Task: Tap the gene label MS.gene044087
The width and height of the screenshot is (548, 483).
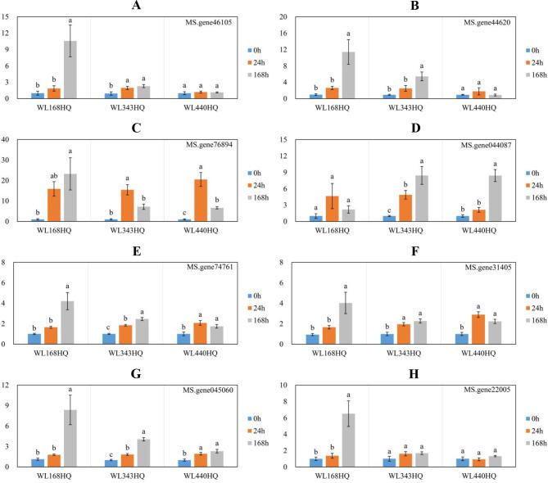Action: [487, 146]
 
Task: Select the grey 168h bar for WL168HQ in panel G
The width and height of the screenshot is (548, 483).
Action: [71, 438]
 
